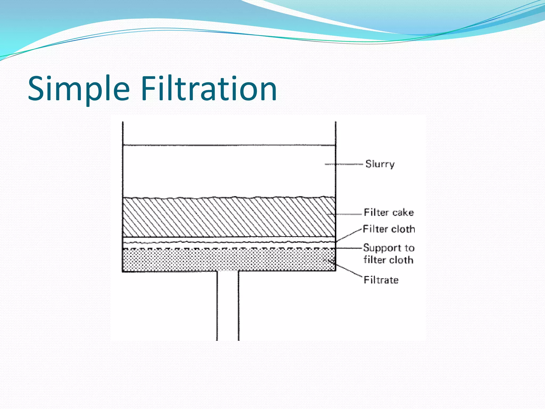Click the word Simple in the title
[79, 89]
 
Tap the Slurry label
[380, 164]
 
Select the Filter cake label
[389, 212]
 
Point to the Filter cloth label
[389, 229]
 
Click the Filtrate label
[381, 280]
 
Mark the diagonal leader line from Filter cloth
[349, 235]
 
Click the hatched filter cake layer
[229, 217]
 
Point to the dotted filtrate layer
[229, 260]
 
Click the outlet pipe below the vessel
[228, 306]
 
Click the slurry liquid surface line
[229, 145]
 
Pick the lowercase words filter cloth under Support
[389, 260]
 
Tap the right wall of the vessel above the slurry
[336, 133]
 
